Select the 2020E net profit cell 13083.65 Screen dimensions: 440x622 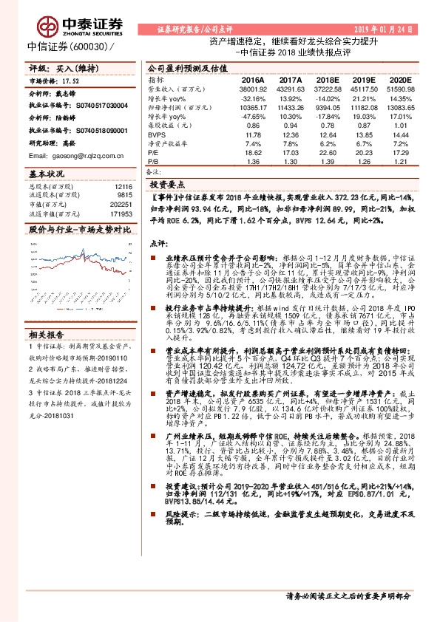[x=395, y=108]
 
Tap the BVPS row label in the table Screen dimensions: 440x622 [x=156, y=134]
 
